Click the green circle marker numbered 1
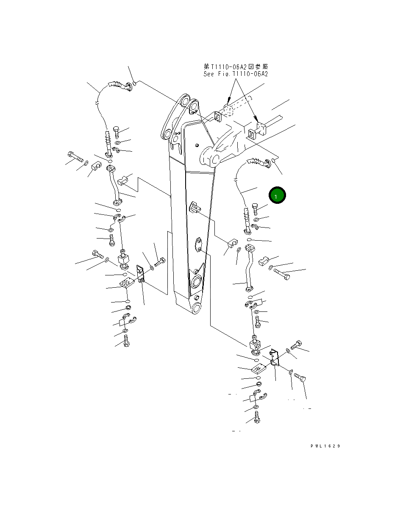pos(277,196)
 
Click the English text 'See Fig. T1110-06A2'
pos(235,74)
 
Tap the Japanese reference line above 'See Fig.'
pos(235,67)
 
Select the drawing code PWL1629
pos(325,446)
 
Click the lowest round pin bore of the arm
pos(197,308)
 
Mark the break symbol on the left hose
pos(98,103)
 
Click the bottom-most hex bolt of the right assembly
pos(256,419)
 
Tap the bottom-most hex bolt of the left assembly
pos(126,341)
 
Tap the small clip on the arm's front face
pos(196,208)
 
